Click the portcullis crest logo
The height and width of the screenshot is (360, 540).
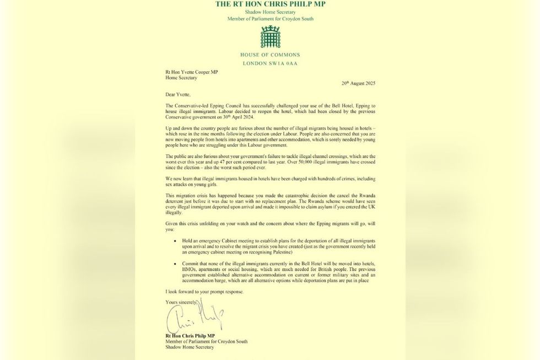pos(270,37)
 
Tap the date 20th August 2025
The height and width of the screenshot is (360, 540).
pos(358,83)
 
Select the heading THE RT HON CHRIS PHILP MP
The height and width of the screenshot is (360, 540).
pos(270,4)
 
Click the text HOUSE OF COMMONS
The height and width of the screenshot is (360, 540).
pos(270,55)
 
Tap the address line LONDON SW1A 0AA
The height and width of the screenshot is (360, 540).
pos(270,63)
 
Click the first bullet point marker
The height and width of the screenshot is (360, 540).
pos(175,241)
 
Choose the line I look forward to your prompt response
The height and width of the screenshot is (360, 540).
pos(203,291)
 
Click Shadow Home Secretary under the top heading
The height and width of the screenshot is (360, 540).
pos(270,12)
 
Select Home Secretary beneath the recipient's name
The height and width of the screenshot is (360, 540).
pos(181,78)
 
